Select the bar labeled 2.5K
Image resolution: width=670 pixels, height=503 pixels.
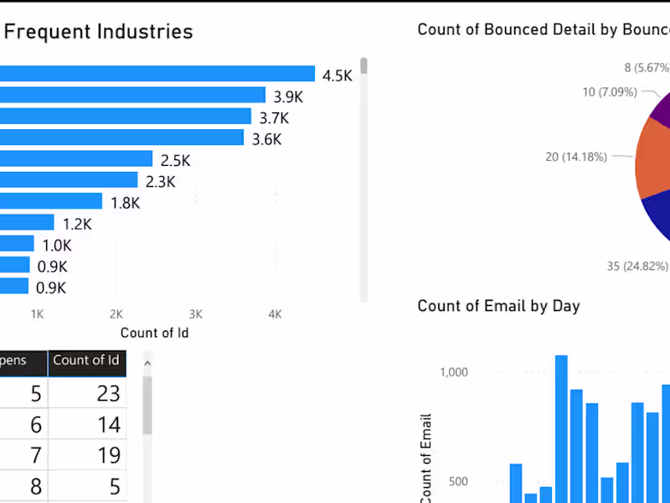click(76, 159)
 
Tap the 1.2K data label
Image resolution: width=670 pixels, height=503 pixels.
click(77, 224)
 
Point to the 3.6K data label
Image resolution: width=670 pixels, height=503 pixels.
click(267, 139)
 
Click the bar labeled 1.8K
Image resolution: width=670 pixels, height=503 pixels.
click(51, 202)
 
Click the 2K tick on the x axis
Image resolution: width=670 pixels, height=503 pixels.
click(116, 314)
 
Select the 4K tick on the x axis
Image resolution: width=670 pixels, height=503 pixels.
click(275, 314)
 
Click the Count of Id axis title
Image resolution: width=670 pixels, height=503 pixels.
click(154, 333)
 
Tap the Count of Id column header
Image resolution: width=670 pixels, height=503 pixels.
click(86, 360)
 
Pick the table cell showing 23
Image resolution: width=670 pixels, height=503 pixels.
click(108, 393)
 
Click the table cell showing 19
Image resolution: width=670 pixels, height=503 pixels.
click(108, 455)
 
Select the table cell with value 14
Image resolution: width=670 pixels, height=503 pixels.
click(108, 424)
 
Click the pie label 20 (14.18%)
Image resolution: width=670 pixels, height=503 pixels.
click(575, 157)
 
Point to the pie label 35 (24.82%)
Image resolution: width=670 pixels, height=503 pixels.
click(637, 267)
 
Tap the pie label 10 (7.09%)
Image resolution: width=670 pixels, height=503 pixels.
click(610, 91)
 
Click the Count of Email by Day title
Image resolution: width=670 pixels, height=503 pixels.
click(498, 306)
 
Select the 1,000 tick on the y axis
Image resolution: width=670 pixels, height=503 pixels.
click(453, 372)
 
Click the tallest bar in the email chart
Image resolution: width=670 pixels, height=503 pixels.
click(561, 428)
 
